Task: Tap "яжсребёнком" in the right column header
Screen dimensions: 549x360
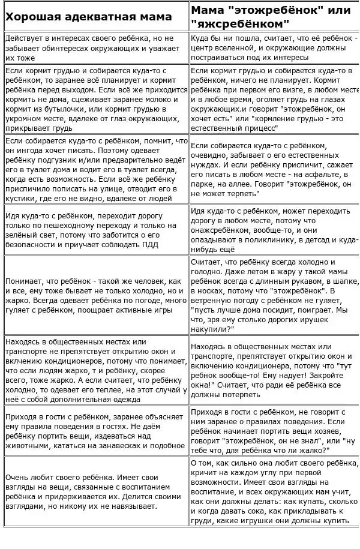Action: (x=239, y=24)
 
